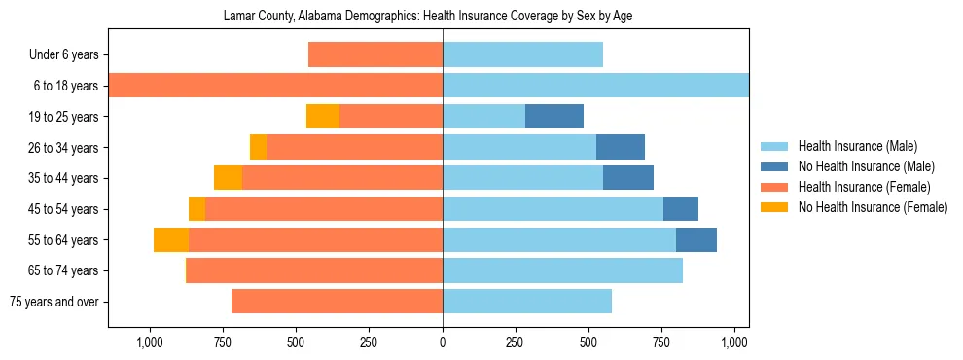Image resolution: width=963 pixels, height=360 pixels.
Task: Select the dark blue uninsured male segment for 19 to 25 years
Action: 554,117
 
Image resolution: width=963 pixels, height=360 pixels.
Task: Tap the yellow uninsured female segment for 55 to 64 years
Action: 171,240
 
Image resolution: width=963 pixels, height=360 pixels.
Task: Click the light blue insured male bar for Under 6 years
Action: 522,55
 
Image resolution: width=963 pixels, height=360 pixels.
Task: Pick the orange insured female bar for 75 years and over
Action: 337,302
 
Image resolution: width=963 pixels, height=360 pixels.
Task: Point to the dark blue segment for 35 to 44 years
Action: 628,178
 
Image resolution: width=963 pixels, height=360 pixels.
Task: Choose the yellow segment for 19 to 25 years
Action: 323,117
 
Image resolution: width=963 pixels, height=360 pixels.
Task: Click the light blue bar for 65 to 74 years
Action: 562,270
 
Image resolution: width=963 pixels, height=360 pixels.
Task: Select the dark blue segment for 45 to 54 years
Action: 681,209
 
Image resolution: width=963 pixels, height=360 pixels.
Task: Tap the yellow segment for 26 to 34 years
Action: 258,148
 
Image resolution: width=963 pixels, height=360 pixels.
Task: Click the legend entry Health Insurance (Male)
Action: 857,146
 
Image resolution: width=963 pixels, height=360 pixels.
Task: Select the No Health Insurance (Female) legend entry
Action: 872,207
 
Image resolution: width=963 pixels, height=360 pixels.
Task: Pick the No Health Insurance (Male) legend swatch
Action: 775,166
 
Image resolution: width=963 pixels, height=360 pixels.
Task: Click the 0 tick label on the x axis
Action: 443,342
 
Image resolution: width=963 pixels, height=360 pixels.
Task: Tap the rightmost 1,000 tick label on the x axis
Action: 734,342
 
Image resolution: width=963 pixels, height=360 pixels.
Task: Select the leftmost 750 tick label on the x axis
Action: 223,342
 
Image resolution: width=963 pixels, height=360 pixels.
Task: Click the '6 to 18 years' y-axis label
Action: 65,86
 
